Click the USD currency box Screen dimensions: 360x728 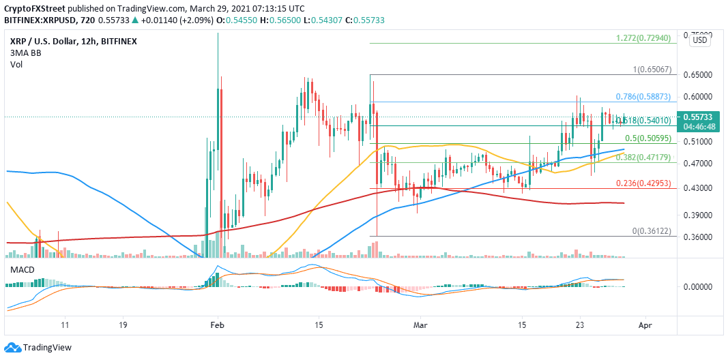(699, 40)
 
